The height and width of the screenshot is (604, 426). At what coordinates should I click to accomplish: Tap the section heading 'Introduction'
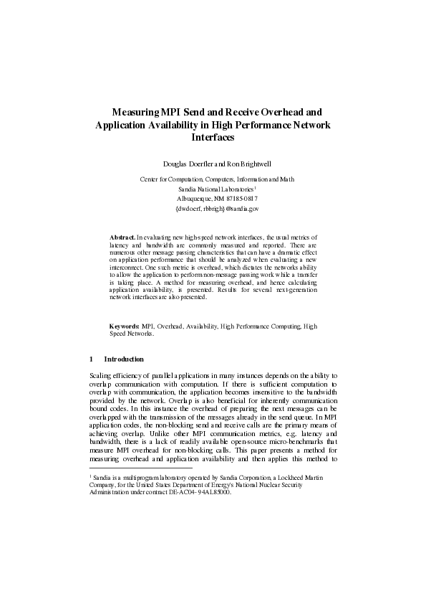124,359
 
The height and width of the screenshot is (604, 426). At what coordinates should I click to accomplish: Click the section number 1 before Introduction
91,359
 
